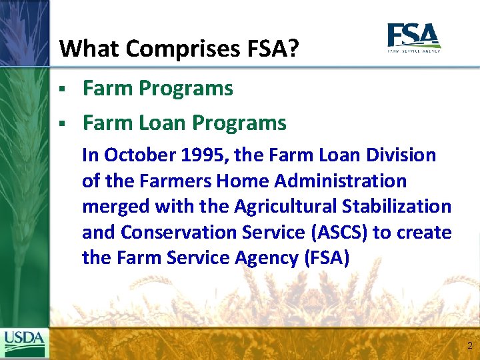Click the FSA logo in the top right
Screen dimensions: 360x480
pos(414,37)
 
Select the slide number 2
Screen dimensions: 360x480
pos(470,345)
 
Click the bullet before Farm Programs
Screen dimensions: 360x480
pos(61,89)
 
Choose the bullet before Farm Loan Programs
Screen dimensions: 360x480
pos(61,123)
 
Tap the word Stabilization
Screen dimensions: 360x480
pos(404,207)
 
